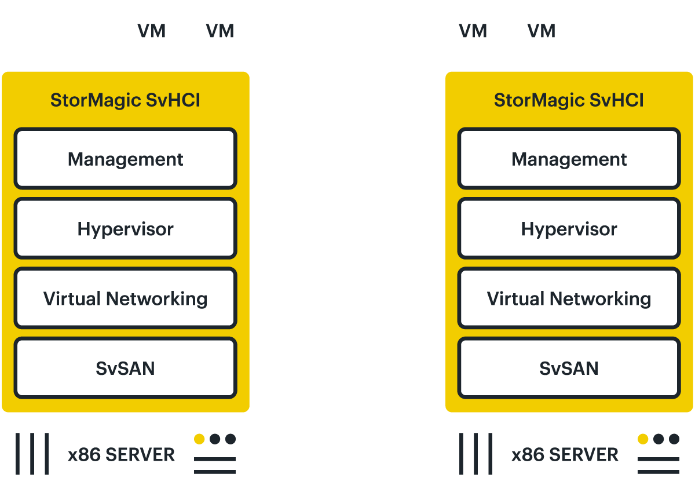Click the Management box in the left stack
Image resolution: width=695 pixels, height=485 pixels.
point(126,159)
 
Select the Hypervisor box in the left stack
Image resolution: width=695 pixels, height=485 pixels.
point(126,229)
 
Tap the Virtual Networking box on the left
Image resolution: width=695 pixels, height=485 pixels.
point(126,298)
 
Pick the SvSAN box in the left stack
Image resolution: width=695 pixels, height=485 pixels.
point(126,368)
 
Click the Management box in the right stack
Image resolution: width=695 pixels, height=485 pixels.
point(569,159)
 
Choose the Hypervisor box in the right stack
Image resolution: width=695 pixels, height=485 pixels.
point(569,229)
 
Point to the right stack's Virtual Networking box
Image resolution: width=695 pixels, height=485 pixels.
point(569,298)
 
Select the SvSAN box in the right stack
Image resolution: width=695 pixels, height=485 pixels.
point(569,368)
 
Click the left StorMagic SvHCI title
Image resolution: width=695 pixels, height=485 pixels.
point(126,100)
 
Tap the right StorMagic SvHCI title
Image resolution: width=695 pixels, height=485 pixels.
point(569,100)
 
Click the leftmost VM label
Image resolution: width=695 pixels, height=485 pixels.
point(152,31)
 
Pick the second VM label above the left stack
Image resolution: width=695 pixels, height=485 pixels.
point(220,31)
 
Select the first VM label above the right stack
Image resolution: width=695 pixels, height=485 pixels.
point(473,31)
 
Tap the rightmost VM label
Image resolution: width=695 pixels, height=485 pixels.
point(542,31)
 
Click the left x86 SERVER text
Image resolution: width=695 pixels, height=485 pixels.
point(121,455)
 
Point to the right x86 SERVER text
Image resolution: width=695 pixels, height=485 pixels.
point(565,455)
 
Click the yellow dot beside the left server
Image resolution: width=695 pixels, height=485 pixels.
point(199,439)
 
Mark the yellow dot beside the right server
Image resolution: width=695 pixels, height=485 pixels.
point(643,439)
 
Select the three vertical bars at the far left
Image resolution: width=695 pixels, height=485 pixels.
point(32,454)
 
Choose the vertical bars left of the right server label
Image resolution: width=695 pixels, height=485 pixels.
point(476,454)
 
